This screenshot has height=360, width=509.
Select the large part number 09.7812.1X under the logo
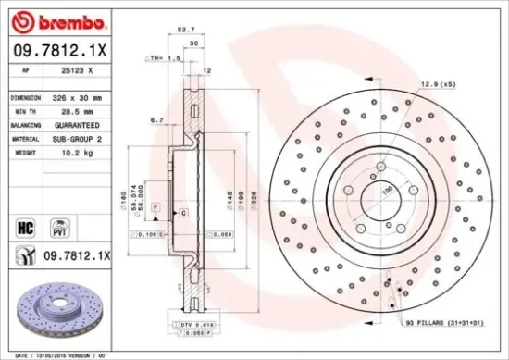[x=58, y=52]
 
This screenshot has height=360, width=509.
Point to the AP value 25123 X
[x=70, y=70]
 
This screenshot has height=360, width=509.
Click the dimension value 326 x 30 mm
[x=77, y=96]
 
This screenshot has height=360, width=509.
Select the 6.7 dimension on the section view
[x=156, y=120]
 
